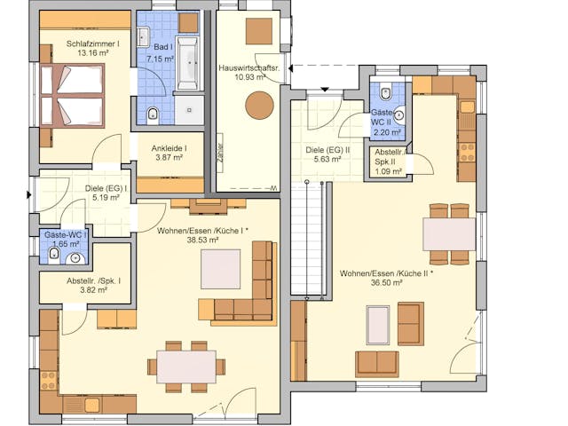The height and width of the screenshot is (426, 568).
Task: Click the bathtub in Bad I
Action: pos(187,64)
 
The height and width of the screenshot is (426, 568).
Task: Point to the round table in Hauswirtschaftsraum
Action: pos(259,106)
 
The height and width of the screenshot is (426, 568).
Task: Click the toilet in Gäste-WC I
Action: pos(54,256)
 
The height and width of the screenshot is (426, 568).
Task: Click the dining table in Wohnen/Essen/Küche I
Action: pos(185,365)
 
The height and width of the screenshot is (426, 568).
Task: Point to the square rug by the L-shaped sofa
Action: pos(221,269)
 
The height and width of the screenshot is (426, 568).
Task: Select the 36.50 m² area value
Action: pos(385,283)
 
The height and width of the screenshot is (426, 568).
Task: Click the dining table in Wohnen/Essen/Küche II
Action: pos(449,233)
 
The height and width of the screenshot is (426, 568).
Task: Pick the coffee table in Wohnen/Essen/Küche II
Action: pos(378,325)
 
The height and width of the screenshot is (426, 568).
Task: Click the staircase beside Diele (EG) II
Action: pos(305,240)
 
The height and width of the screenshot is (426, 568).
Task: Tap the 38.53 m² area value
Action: pos(202,240)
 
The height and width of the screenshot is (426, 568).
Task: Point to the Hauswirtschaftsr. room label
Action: pos(249,67)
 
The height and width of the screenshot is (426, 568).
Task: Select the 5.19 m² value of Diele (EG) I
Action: pos(106,198)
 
